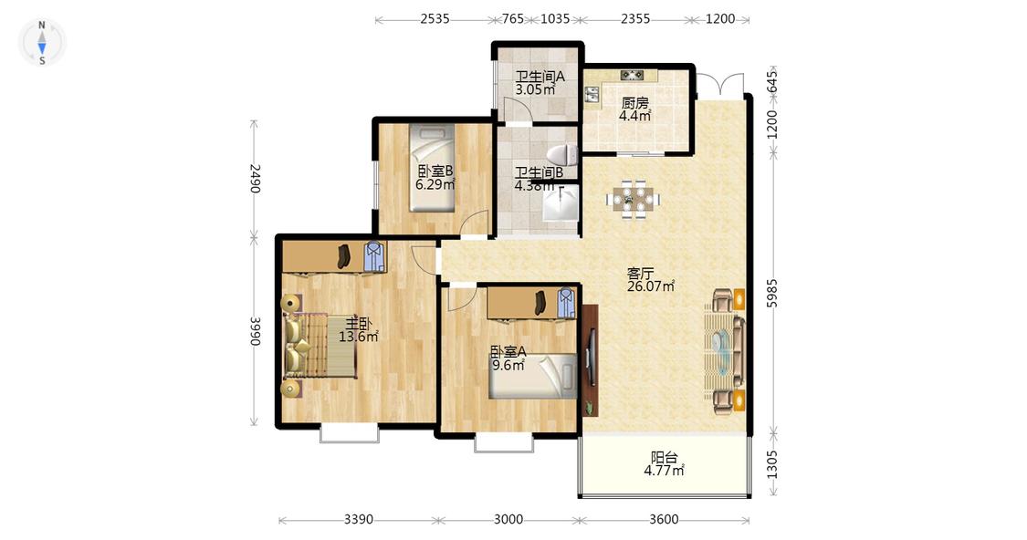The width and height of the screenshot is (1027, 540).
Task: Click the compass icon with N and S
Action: [x=42, y=43]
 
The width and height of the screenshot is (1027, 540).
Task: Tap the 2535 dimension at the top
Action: [x=435, y=19]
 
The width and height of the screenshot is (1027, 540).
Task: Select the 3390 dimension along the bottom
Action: [x=358, y=520]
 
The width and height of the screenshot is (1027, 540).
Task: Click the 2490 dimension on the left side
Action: [x=256, y=178]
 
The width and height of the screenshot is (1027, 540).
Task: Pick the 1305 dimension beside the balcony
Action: [x=772, y=464]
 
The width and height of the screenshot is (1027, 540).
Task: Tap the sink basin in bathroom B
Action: [x=561, y=204]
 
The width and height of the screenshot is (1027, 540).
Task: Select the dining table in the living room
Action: [x=633, y=197]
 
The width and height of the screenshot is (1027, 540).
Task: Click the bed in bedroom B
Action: [x=433, y=168]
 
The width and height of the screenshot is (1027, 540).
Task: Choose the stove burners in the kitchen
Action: [x=632, y=76]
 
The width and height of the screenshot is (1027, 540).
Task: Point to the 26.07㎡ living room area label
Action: [x=651, y=286]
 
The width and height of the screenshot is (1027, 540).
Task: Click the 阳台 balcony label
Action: [x=664, y=458]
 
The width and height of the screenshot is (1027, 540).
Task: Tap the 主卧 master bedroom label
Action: [x=358, y=323]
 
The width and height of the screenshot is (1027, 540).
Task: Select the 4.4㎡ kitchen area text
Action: [x=634, y=116]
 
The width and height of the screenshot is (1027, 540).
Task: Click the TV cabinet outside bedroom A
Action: [x=590, y=360]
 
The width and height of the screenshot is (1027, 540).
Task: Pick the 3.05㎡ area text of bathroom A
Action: [x=535, y=89]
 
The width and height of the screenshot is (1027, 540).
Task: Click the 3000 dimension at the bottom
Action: [x=508, y=520]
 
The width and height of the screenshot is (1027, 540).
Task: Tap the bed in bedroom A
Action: [x=532, y=376]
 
